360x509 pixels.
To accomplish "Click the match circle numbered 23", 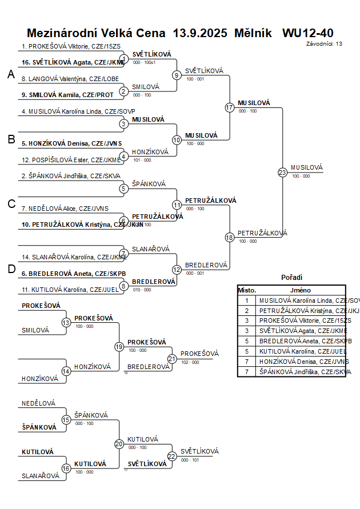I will coord(282,172).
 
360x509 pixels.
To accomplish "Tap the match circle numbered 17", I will coord(230,107).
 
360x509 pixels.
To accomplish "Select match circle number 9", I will coord(177,75).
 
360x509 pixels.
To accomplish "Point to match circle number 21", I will coord(172,358).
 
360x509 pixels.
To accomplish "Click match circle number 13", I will coord(66,323).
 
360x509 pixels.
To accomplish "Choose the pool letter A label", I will coord(11,74).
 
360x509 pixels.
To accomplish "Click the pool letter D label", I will coord(11,269).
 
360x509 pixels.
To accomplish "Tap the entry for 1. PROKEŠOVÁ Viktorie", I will coord(71,46).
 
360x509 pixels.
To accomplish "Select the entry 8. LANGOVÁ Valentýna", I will coord(70,79).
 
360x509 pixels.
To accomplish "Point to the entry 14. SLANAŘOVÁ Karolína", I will coord(74,257).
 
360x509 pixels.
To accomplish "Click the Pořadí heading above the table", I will coord(291,277).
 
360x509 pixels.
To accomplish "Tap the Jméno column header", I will coord(300,290).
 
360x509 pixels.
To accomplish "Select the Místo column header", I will coord(247,290).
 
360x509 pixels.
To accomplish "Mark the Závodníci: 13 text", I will coord(324,43).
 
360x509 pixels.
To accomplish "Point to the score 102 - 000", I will coord(190,362).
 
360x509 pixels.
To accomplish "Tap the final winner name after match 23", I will coord(307,167).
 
